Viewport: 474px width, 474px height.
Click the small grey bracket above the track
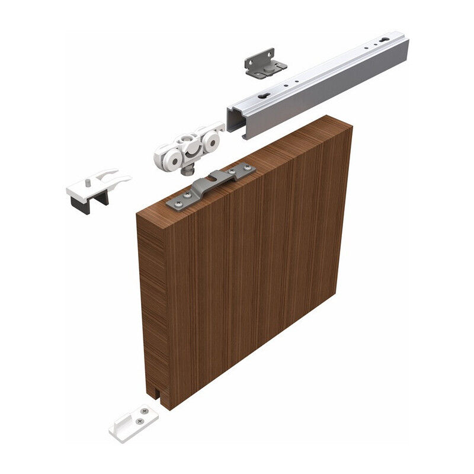click(x=264, y=62)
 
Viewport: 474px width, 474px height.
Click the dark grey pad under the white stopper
click(x=80, y=204)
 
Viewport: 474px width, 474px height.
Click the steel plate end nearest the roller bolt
click(x=177, y=202)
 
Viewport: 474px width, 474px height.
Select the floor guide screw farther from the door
click(x=138, y=420)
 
